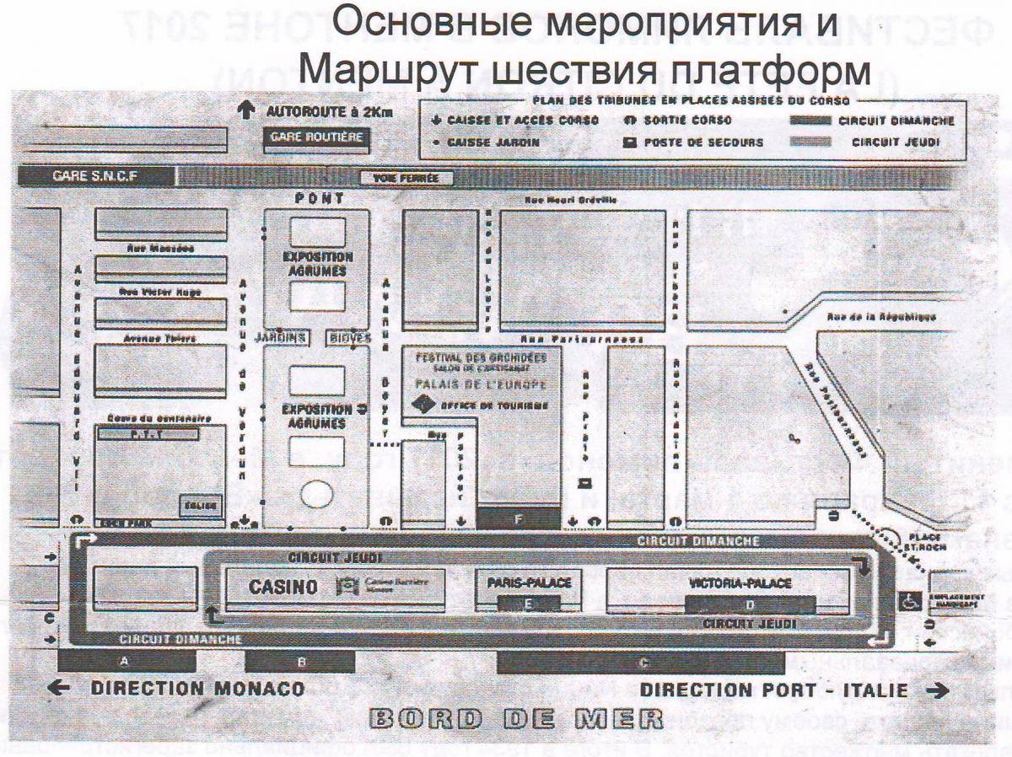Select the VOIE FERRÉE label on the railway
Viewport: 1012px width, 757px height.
point(406,178)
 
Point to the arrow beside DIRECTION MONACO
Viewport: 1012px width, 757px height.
point(61,689)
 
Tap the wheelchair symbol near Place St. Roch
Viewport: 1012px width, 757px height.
point(911,600)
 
